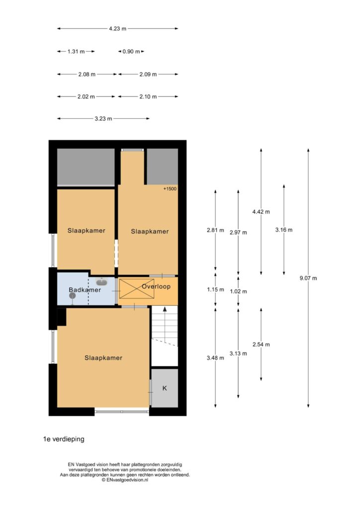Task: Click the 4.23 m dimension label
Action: pos(117,28)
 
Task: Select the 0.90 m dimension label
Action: pos(131,51)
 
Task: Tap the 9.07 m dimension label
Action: pos(308,278)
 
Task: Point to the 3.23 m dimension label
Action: pos(103,119)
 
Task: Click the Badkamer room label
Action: pos(85,290)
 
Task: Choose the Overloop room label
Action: pos(156,286)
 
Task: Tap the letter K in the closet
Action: pos(165,388)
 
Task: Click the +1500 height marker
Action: pos(170,188)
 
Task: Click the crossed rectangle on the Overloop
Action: pos(137,289)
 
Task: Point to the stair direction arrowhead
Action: pos(165,309)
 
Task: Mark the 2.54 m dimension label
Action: pos(262,344)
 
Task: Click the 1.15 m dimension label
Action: pos(215,290)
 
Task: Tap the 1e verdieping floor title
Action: pos(64,439)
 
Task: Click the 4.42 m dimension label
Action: pos(261,212)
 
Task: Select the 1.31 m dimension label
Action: pos(76,51)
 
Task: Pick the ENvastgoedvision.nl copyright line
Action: pos(125,480)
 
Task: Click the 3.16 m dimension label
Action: pos(284,230)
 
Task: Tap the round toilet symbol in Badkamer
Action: pos(73,296)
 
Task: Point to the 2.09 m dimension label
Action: pos(148,75)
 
